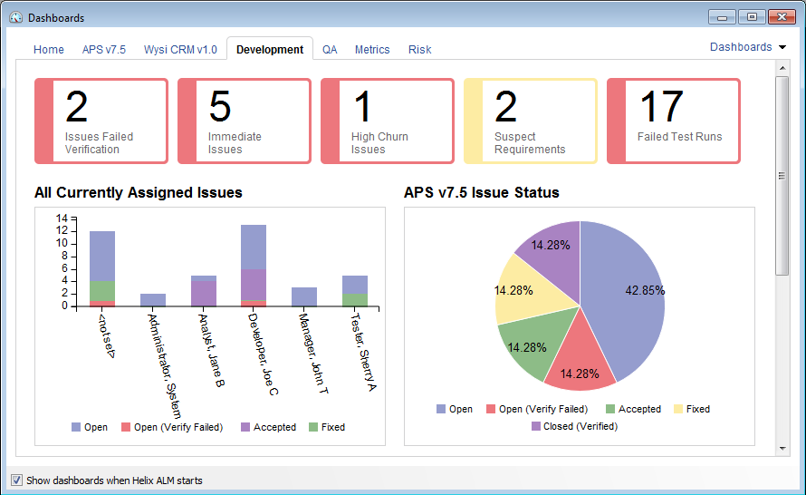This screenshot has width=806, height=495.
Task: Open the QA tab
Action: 330,50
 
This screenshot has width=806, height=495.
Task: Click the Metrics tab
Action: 372,50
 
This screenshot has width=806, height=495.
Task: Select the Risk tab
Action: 419,50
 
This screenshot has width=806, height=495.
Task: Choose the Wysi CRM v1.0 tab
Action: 180,50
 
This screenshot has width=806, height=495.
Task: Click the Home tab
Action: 49,50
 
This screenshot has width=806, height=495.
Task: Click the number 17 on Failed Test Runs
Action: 661,107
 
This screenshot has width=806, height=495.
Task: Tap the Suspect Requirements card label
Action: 530,143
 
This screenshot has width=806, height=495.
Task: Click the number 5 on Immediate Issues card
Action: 220,107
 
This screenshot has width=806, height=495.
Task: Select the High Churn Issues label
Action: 379,143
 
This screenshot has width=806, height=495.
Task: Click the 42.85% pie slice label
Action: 645,291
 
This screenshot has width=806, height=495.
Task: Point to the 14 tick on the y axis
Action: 62,218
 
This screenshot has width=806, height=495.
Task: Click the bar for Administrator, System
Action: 153,300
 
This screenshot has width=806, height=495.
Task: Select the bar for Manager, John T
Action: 304,296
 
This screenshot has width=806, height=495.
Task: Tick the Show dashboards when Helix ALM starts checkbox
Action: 16,480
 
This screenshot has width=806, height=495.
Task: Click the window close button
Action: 781,17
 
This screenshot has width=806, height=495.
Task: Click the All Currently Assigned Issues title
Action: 139,192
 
